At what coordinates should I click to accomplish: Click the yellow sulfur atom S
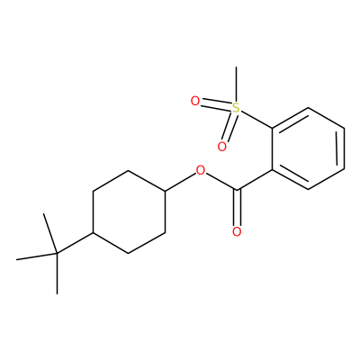[x=237, y=107]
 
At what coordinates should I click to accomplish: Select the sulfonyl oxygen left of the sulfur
[x=195, y=101]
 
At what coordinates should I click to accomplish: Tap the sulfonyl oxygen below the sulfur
[x=221, y=147]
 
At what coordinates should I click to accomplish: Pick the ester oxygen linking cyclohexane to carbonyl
[x=201, y=170]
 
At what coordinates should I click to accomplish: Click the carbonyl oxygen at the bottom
[x=237, y=231]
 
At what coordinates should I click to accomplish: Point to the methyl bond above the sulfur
[x=237, y=85]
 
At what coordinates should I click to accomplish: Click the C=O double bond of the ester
[x=237, y=208]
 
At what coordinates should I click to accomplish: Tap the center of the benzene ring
[x=309, y=148]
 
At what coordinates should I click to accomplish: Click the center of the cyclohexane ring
[x=129, y=212]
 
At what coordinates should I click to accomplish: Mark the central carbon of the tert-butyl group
[x=57, y=254]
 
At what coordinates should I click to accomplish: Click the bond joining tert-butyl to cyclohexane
[x=75, y=243]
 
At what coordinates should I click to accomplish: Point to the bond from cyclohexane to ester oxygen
[x=180, y=182]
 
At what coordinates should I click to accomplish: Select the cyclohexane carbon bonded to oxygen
[x=165, y=191]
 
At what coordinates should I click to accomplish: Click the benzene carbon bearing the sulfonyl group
[x=273, y=128]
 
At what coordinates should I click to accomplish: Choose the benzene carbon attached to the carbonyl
[x=273, y=170]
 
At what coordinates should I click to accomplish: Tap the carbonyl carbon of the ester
[x=237, y=190]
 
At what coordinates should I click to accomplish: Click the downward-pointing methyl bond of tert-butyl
[x=57, y=274]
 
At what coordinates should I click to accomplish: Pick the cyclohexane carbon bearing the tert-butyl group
[x=93, y=233]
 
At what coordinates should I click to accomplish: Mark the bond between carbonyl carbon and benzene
[x=255, y=180]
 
